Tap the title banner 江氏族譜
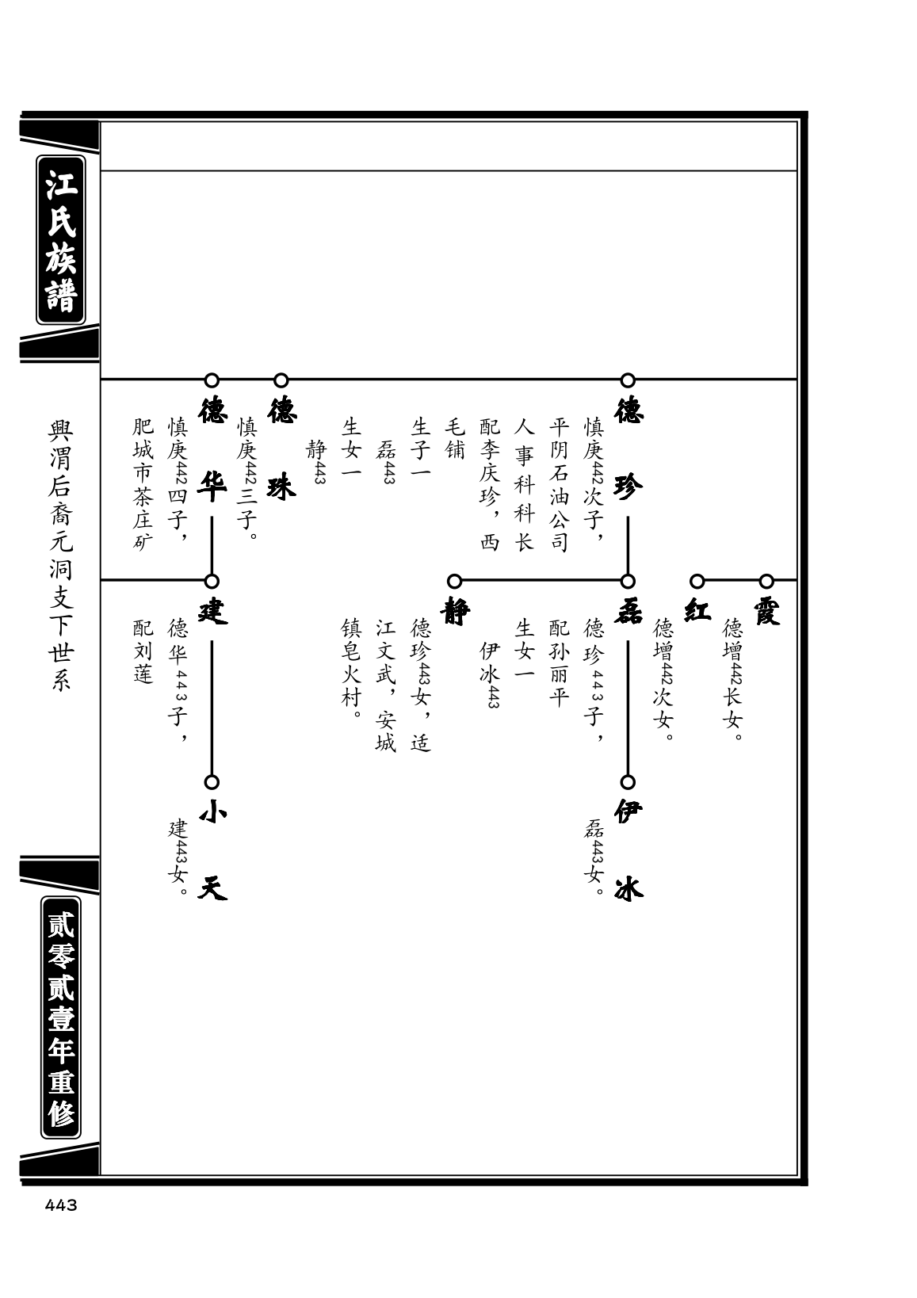[x=61, y=240]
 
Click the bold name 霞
[x=767, y=611]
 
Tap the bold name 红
[x=697, y=611]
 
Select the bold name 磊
[x=629, y=611]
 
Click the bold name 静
[x=455, y=611]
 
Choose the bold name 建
[x=212, y=611]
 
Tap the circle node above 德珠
[x=281, y=380]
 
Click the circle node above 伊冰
[x=628, y=782]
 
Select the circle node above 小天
[x=212, y=782]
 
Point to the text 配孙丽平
[x=560, y=663]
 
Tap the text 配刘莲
[x=143, y=651]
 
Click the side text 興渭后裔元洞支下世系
[x=61, y=555]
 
